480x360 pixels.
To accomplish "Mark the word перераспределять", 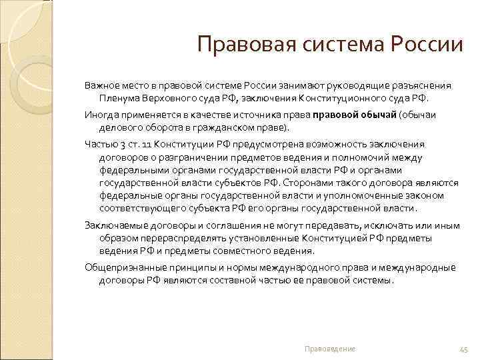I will click(173, 238).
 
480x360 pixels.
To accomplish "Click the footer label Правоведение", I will click(330, 349).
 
